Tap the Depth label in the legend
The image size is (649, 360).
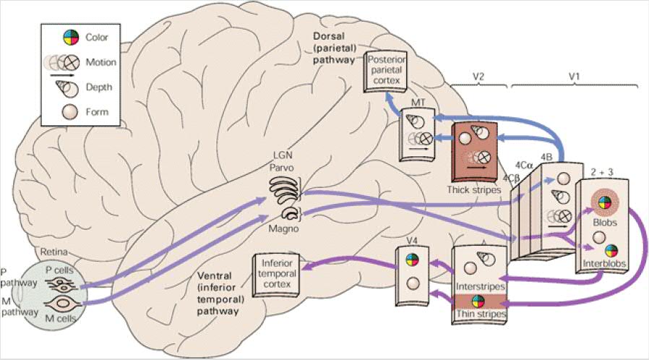click(98, 88)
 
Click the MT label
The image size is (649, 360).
click(418, 106)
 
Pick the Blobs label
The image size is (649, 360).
click(605, 224)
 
